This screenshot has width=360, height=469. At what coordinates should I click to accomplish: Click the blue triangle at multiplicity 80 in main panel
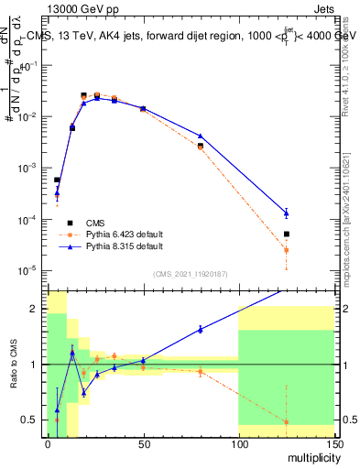point(201,136)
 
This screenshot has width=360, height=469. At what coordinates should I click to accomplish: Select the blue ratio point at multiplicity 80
point(201,329)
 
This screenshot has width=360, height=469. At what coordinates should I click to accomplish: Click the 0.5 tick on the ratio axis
point(34,420)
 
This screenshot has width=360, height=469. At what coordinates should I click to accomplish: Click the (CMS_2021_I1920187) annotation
point(191,274)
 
